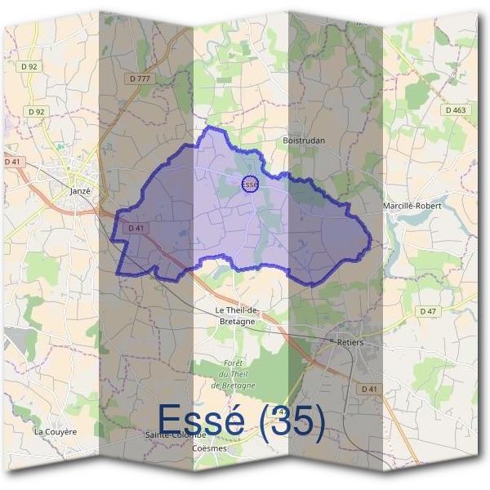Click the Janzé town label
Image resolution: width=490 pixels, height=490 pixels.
[x=79, y=191]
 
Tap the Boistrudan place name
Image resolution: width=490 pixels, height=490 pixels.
[x=304, y=140]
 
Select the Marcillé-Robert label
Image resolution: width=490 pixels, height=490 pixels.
[x=412, y=207]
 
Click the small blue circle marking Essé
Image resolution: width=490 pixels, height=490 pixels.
[x=251, y=185]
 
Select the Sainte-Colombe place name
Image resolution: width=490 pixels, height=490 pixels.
[x=175, y=435]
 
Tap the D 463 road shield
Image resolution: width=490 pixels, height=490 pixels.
[x=456, y=109]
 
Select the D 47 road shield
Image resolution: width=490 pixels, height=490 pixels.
[x=428, y=311]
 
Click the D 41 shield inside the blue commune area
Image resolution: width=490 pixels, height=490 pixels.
[x=136, y=229]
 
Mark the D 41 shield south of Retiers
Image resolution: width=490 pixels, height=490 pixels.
[x=370, y=389]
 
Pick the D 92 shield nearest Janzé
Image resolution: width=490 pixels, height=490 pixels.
[x=36, y=111]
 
